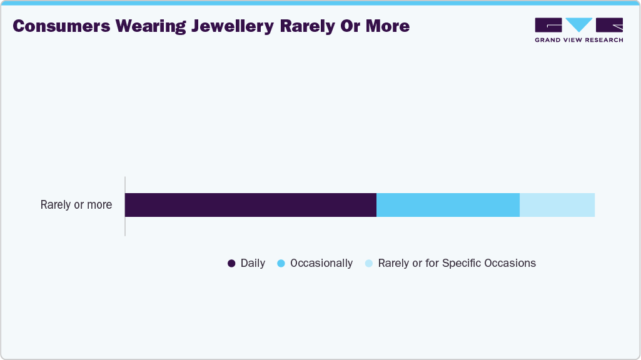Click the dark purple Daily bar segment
coord(250,205)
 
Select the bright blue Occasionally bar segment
coord(448,205)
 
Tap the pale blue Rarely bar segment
coord(557,205)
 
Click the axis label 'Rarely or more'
coord(76,205)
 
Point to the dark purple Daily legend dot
coord(231,264)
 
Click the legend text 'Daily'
coord(253,264)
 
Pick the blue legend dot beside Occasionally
coord(281,264)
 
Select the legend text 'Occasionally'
coord(321,264)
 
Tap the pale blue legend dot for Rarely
coord(368,264)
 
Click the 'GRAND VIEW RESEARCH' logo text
coord(578,40)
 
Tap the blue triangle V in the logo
coord(578,25)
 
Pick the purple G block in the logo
coord(548,25)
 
